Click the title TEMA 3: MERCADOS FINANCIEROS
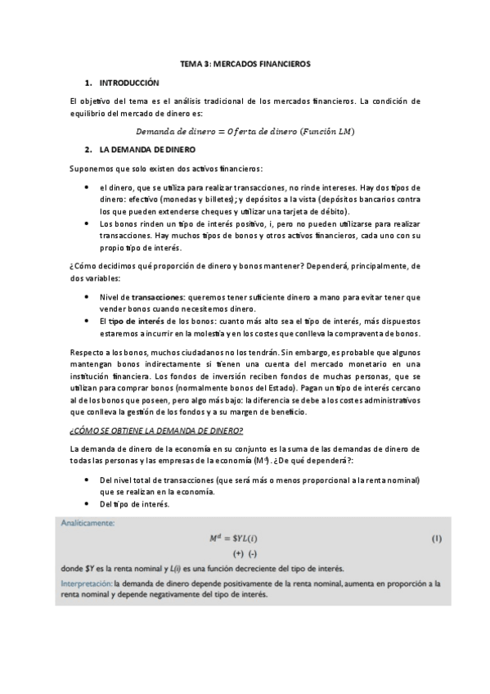(245, 63)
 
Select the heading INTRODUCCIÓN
(129, 83)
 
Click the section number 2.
(88, 150)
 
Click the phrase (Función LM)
(328, 131)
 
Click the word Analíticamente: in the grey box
(92, 521)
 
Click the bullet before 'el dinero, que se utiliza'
(88, 187)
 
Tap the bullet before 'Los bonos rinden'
(88, 223)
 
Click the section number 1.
(88, 83)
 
